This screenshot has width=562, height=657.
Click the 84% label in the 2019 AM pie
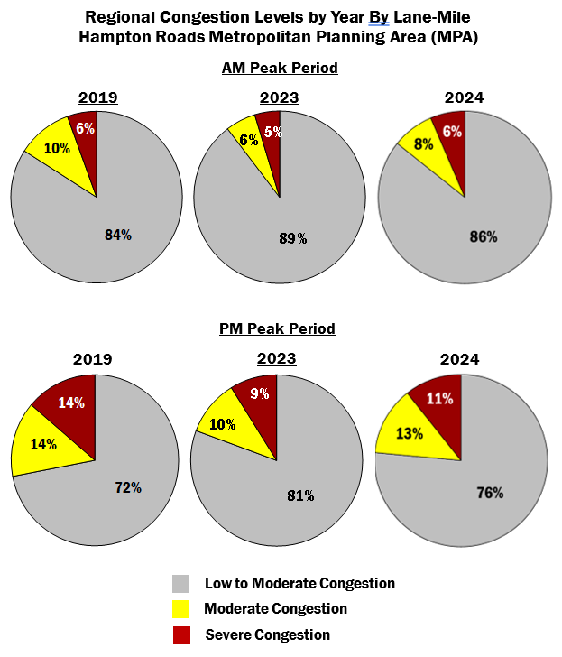(x=118, y=235)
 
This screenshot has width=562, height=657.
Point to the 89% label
(x=292, y=238)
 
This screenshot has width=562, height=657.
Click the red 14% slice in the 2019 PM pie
(x=71, y=403)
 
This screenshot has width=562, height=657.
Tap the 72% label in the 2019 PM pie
(x=128, y=487)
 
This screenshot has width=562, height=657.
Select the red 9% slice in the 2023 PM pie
(x=256, y=394)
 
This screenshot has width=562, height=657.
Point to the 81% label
(x=300, y=495)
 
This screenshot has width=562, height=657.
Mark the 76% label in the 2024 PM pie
(x=490, y=493)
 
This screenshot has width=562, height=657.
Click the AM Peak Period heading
(x=280, y=69)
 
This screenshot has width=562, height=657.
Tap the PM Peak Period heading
(x=277, y=328)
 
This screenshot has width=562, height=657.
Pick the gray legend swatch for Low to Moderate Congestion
(x=180, y=583)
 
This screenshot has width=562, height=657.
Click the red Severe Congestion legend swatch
(x=180, y=634)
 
